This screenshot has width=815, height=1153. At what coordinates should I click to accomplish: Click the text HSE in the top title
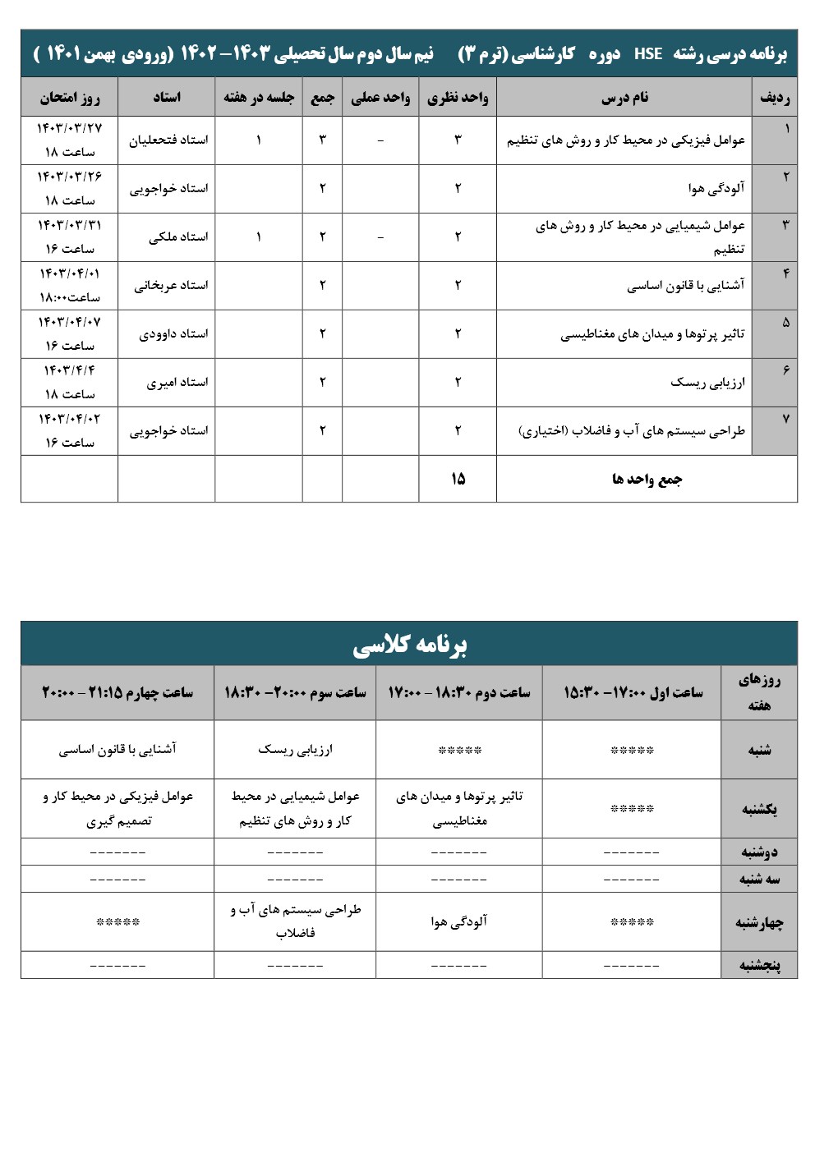click(x=648, y=54)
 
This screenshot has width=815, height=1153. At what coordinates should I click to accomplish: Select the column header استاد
click(x=167, y=97)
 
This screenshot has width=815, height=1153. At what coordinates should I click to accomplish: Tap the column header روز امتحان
click(x=70, y=97)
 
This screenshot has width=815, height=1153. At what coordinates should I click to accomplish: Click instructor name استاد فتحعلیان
click(x=168, y=140)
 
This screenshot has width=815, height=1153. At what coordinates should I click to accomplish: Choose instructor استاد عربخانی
click(x=171, y=286)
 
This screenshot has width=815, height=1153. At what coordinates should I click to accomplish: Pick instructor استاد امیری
click(x=177, y=383)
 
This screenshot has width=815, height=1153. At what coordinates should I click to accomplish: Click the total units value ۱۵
click(x=458, y=478)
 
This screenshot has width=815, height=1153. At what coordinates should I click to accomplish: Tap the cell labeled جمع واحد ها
click(x=647, y=479)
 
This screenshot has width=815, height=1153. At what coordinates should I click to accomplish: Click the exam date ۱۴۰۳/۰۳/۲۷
click(x=70, y=128)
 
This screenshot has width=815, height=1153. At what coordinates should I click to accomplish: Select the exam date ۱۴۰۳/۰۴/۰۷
click(x=70, y=322)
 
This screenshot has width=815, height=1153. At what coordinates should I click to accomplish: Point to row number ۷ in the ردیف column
click(x=786, y=419)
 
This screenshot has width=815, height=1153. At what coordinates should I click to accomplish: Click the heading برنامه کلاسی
click(x=409, y=645)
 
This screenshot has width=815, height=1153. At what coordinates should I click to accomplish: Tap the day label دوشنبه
click(x=759, y=852)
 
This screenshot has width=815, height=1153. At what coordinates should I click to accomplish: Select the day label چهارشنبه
click(x=759, y=922)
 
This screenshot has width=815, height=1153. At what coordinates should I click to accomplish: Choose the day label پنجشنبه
click(x=759, y=965)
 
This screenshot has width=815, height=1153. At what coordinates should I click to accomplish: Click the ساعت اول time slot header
click(x=633, y=693)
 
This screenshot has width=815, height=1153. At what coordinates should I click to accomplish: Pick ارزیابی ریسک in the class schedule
click(x=296, y=749)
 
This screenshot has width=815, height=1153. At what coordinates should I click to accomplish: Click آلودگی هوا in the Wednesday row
click(x=459, y=921)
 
